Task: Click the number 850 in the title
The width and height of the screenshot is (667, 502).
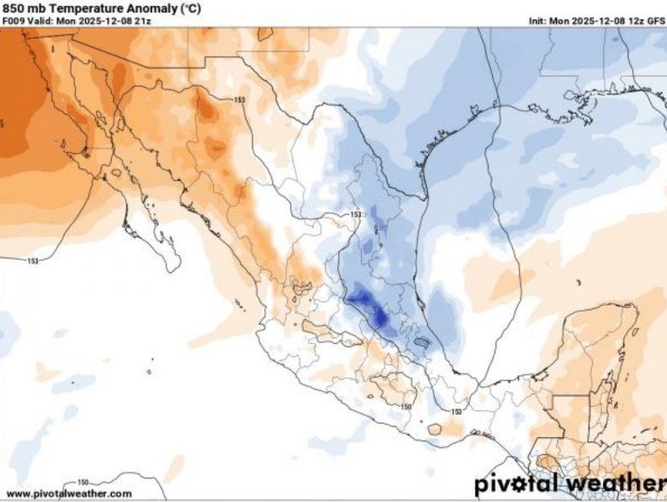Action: (15, 8)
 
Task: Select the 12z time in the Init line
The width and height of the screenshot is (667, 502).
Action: (635, 20)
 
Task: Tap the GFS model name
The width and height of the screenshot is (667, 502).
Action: (656, 20)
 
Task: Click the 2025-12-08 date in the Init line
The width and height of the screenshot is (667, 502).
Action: (599, 20)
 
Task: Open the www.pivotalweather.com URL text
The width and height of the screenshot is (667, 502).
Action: (69, 494)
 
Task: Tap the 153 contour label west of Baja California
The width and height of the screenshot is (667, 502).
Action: (33, 261)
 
